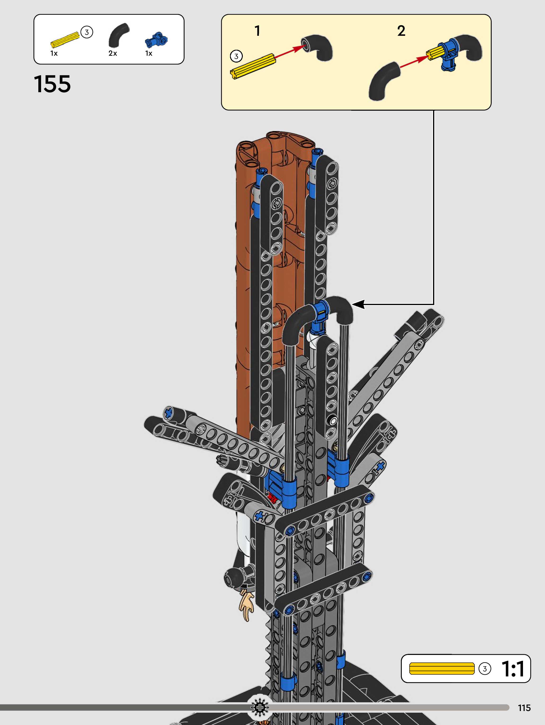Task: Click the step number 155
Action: [x=52, y=84]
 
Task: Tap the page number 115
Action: [x=524, y=708]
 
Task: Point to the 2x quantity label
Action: [x=113, y=53]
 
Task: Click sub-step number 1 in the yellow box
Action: [x=257, y=31]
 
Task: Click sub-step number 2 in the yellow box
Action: [x=401, y=31]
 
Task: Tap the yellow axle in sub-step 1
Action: [x=253, y=67]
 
